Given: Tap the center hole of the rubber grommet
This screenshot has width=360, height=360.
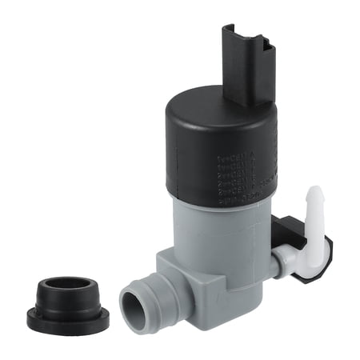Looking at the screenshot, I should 68,286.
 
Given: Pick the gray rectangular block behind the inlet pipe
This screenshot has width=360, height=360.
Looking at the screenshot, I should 180,276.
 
